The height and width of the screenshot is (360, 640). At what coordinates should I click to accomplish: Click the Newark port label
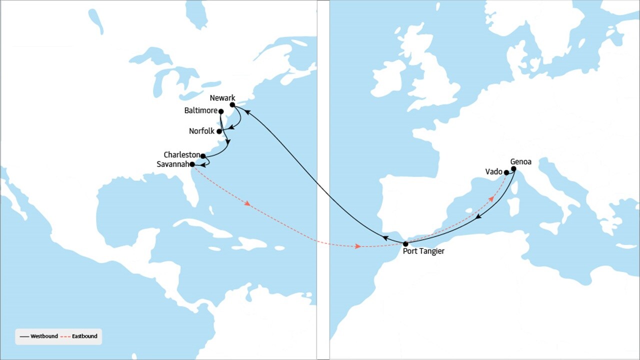222,98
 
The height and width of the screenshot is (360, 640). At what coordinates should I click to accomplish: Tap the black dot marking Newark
232,105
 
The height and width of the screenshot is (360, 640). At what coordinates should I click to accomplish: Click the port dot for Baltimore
221,111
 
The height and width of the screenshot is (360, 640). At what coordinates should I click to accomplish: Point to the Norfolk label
201,131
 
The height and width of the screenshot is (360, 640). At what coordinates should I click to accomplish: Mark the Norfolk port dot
219,131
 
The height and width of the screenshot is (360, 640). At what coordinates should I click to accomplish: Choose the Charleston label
181,155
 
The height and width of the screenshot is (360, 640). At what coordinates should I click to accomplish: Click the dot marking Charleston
203,156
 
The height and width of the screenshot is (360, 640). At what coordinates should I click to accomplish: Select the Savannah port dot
192,164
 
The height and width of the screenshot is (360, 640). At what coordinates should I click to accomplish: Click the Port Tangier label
423,251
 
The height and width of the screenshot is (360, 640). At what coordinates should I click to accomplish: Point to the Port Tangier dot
405,244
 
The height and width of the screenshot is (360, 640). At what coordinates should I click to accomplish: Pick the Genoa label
520,162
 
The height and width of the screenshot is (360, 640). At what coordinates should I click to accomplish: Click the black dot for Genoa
513,168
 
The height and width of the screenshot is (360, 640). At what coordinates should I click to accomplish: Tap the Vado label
493,172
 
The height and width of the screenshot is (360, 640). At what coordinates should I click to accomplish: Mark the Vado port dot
506,172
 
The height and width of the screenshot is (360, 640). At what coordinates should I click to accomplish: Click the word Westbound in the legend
44,336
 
